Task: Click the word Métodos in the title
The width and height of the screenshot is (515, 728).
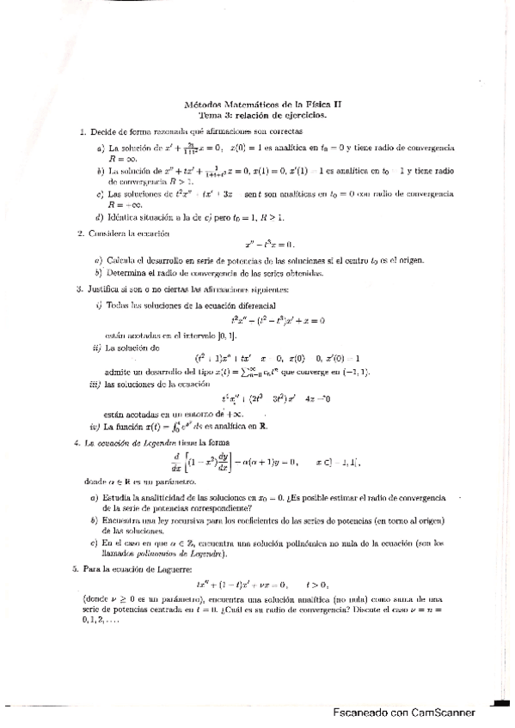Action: coord(202,104)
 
